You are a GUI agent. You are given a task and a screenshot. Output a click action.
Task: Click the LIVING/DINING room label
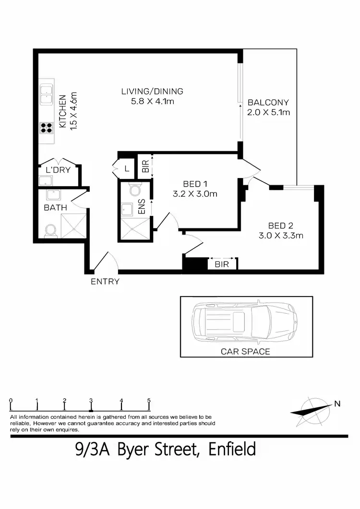click(x=152, y=91)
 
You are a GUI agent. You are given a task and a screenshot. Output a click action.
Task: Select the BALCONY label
click(x=268, y=102)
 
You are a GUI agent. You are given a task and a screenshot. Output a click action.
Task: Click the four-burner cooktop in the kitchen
click(x=47, y=127)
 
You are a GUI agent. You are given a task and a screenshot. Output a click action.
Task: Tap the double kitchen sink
click(x=47, y=94)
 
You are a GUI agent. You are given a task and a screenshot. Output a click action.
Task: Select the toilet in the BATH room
click(x=50, y=231)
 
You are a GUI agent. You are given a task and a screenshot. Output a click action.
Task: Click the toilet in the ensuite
click(x=134, y=190)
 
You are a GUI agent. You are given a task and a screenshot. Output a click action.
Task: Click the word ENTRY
click(x=105, y=282)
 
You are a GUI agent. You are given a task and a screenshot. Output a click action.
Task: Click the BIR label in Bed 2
click(x=222, y=264)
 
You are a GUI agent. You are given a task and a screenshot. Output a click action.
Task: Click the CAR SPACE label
click(x=245, y=351)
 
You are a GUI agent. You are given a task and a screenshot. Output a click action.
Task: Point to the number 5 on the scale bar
click(x=149, y=400)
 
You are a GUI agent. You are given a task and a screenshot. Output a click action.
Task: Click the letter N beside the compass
click(x=337, y=403)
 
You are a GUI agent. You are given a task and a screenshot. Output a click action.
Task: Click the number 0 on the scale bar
click(x=11, y=400)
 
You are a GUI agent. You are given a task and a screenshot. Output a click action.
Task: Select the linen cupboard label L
click(x=127, y=168)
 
